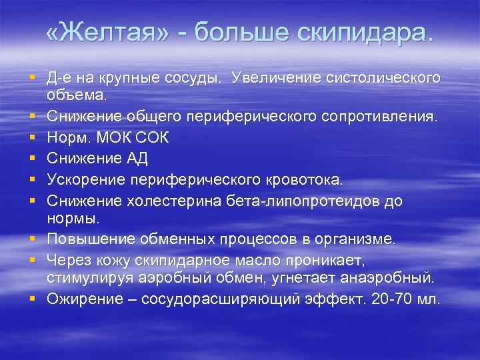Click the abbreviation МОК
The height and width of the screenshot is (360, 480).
click(121, 139)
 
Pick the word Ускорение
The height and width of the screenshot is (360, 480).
click(87, 180)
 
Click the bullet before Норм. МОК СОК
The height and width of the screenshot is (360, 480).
click(31, 139)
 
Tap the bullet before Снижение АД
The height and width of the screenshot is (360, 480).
click(31, 159)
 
